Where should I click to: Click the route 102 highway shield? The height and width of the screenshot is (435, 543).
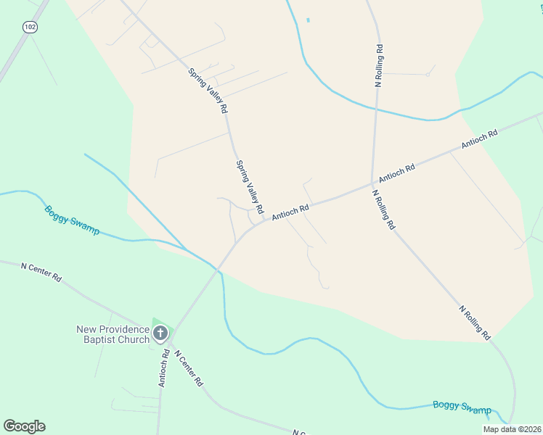[29, 27]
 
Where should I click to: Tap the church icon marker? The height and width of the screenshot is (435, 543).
[160, 333]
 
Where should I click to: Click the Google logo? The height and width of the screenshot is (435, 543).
[24, 426]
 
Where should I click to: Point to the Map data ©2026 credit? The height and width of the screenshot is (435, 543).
[512, 429]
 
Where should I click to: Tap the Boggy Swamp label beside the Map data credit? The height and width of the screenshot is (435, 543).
[462, 407]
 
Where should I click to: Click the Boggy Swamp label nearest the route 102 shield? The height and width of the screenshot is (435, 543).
[72, 220]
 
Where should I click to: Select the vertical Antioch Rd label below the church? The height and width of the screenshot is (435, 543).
[166, 368]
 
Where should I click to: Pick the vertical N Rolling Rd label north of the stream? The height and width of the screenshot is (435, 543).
[379, 66]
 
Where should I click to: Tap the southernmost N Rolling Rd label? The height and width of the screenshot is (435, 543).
[475, 323]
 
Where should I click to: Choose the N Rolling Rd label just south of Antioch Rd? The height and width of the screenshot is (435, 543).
[384, 210]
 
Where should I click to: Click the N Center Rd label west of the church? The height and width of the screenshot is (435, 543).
[41, 273]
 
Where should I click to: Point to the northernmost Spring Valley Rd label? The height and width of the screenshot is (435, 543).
[208, 91]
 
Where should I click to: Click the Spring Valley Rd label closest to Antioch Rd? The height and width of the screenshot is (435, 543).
[248, 183]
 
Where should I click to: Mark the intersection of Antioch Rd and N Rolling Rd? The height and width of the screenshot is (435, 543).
[372, 183]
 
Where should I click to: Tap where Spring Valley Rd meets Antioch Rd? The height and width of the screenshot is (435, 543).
[264, 222]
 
